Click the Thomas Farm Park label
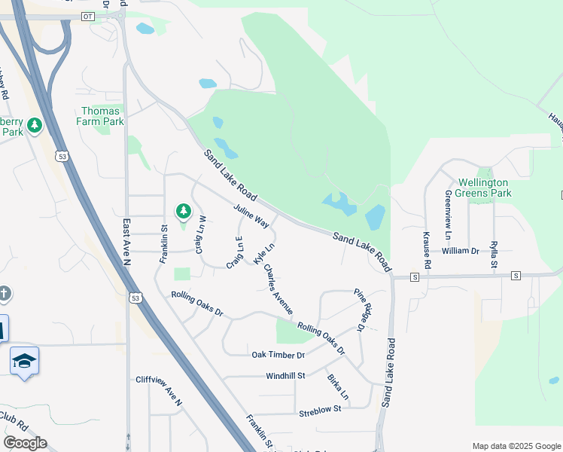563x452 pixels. point(102,116)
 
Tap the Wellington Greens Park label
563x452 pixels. point(485,188)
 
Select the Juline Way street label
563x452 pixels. point(251,215)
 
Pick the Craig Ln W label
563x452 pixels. point(201,235)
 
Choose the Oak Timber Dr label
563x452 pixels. point(278,355)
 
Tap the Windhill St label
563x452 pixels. point(285,375)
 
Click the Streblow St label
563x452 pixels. point(320,409)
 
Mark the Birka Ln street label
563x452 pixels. point(338,386)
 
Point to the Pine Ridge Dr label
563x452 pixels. point(364,310)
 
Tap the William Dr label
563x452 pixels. point(461,251)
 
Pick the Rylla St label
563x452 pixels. point(494,254)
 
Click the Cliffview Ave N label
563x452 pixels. point(159,391)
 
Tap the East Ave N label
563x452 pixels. point(126,242)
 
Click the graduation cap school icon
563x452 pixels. point(24,362)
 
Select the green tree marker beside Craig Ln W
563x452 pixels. point(181,211)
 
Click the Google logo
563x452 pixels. point(25,443)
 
